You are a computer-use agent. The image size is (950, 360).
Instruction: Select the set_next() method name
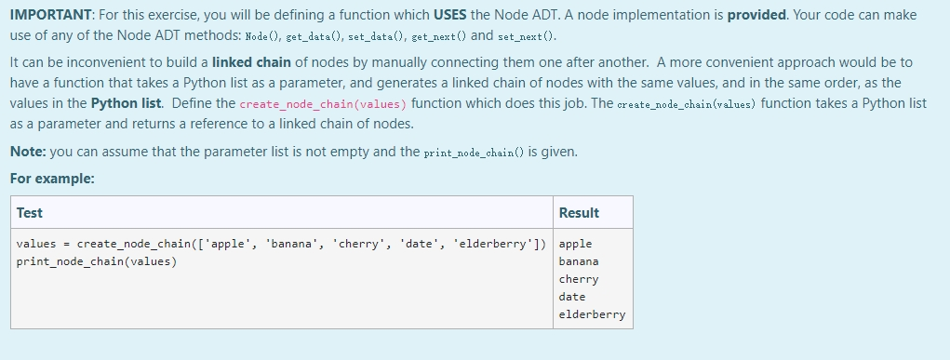click(529, 35)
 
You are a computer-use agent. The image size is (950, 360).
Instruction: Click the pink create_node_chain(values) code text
click(323, 103)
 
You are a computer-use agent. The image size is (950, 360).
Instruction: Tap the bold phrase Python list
click(127, 103)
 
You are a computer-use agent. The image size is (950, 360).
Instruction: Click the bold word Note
click(27, 152)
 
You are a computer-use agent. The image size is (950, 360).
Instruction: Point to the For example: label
click(52, 179)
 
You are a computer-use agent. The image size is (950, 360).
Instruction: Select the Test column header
click(30, 213)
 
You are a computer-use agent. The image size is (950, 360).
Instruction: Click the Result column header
click(579, 213)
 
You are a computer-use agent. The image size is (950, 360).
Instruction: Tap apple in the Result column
click(575, 244)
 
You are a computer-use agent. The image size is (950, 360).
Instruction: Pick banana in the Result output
click(579, 261)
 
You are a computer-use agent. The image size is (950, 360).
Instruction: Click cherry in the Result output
click(579, 279)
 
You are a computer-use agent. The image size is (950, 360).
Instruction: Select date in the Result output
click(572, 297)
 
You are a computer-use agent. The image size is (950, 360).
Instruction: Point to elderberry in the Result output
click(592, 314)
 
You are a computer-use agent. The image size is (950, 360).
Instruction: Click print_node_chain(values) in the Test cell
click(97, 261)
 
